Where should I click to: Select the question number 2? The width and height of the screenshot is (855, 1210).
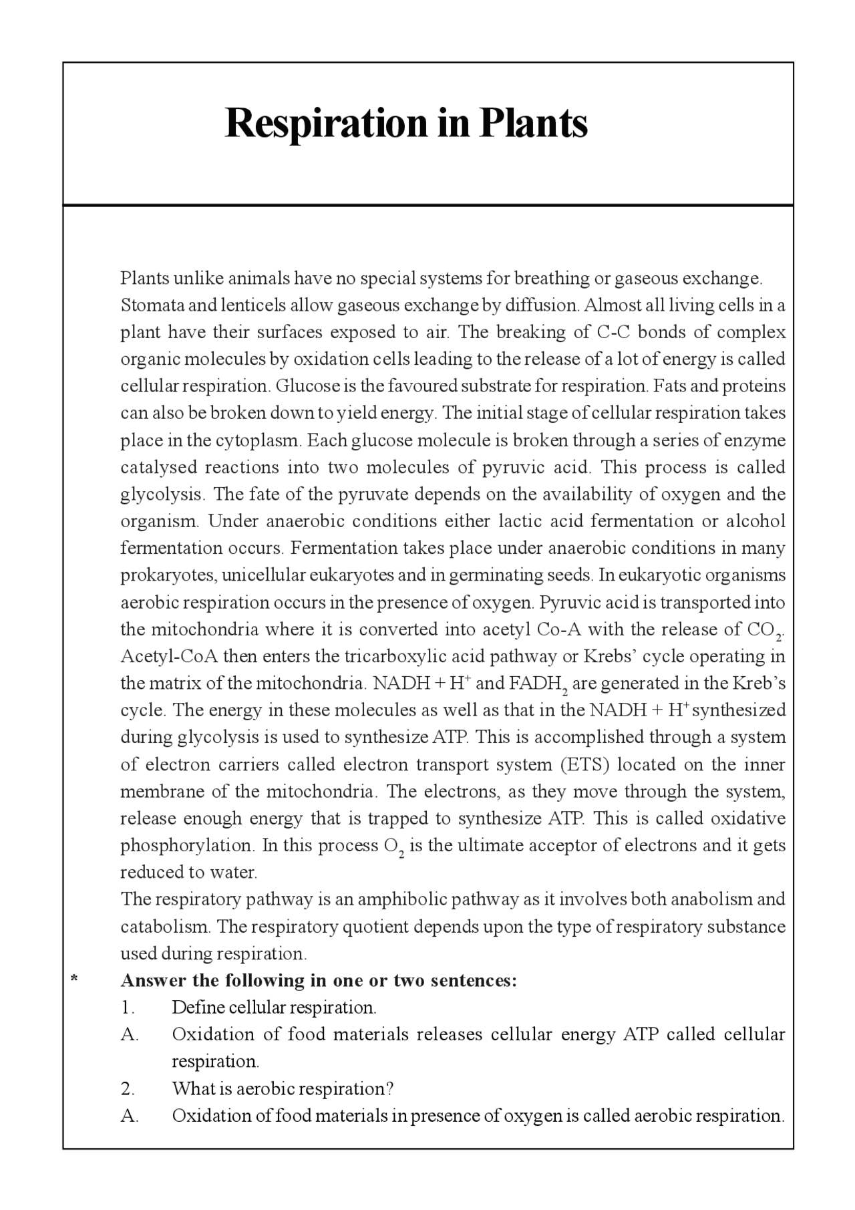pos(127,1088)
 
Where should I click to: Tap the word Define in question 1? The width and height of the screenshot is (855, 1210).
pos(198,1008)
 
